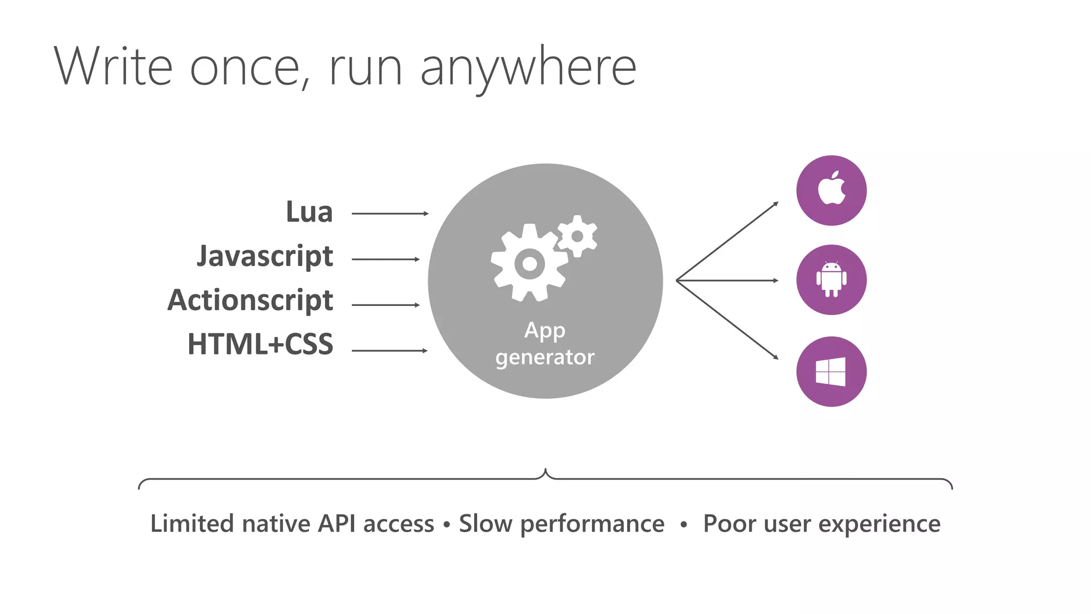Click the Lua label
309,212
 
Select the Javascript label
265,257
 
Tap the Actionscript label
250,301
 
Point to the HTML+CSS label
260,344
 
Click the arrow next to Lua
390,214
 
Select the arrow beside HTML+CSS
389,351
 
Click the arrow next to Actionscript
386,305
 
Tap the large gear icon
528,263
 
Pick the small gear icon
577,236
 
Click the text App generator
544,344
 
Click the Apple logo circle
831,190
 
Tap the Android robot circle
831,280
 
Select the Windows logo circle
831,371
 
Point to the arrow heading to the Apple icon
728,241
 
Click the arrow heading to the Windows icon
728,319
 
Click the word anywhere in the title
528,68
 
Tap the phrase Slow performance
561,524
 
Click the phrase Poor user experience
821,524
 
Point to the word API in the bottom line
337,524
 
